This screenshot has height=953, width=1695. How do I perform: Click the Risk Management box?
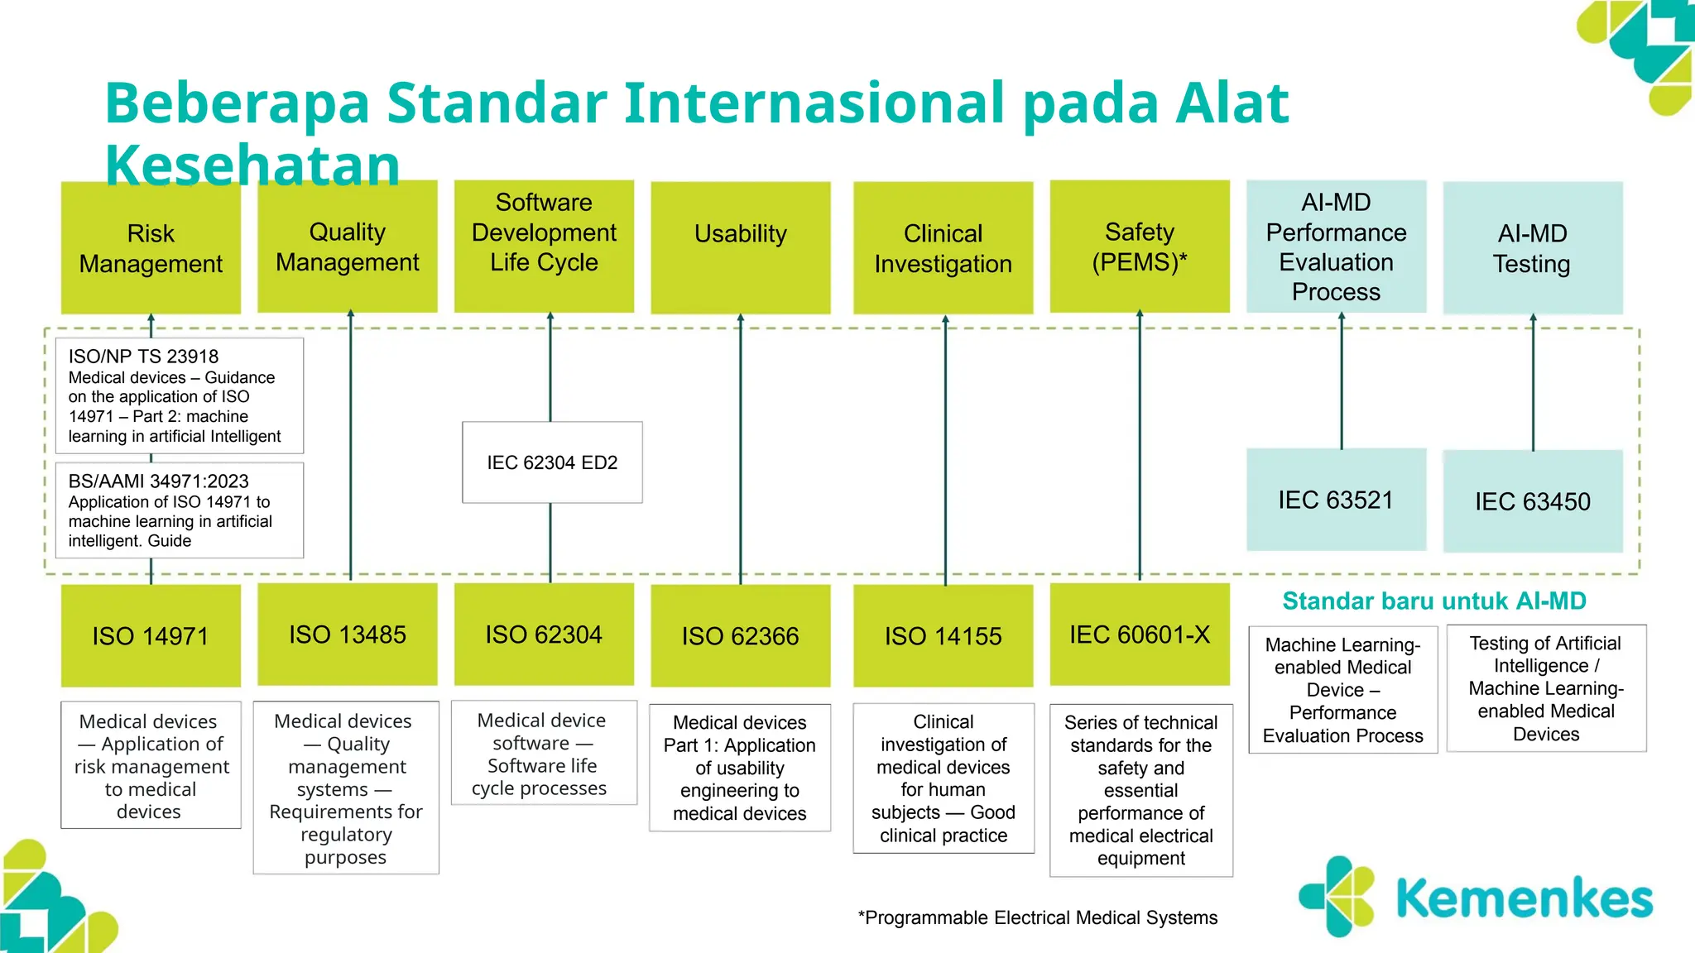[151, 248]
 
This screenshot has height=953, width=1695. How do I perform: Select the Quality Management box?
[347, 247]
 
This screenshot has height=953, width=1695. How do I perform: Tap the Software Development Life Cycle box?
[544, 247]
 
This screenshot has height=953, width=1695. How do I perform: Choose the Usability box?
[740, 247]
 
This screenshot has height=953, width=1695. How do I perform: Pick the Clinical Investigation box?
[943, 248]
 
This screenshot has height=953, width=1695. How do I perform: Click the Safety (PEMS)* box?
[1139, 247]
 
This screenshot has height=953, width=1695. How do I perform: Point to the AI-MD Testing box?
[1532, 248]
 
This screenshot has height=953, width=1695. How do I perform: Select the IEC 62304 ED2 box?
[552, 462]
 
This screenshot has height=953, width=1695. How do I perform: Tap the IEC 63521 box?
[1336, 500]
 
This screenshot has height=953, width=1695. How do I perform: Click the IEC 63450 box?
[1532, 501]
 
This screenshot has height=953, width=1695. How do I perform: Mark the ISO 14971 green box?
[151, 635]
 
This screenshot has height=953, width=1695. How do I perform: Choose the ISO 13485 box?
[347, 635]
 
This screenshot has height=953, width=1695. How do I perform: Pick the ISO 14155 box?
[943, 635]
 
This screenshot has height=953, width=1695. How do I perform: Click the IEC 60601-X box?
[1139, 635]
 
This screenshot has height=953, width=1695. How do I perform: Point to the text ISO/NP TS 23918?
[143, 357]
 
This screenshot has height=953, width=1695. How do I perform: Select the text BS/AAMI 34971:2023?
[158, 481]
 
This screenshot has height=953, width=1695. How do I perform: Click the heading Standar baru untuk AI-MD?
[1433, 601]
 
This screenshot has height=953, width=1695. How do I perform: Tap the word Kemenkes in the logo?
[1524, 899]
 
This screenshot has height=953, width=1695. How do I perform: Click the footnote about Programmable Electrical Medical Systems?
[1038, 917]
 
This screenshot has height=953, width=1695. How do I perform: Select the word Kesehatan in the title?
[252, 164]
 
